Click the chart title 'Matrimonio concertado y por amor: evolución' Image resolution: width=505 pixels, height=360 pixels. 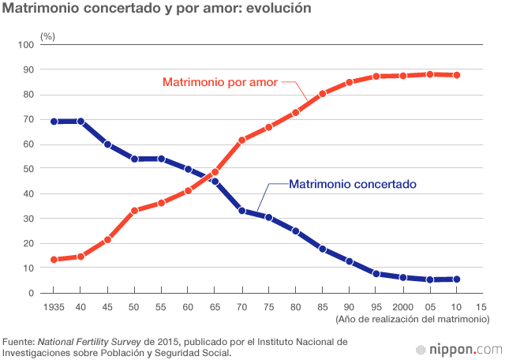(157, 9)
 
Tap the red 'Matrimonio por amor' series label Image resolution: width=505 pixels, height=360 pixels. (221, 81)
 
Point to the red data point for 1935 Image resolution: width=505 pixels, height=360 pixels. (54, 260)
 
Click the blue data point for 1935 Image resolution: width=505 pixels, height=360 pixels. (54, 122)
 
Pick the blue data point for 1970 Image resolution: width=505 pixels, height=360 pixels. (242, 211)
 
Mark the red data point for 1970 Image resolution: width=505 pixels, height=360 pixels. (242, 140)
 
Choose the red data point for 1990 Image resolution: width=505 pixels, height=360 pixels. (350, 83)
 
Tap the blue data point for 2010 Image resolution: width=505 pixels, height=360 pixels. (457, 279)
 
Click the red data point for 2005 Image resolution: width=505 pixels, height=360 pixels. (430, 74)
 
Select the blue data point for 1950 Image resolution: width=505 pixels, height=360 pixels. (134, 159)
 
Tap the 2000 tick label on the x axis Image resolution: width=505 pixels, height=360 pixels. (403, 306)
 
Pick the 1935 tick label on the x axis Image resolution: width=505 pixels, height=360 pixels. (54, 306)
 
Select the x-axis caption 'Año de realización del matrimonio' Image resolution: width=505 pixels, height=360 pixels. (411, 319)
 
